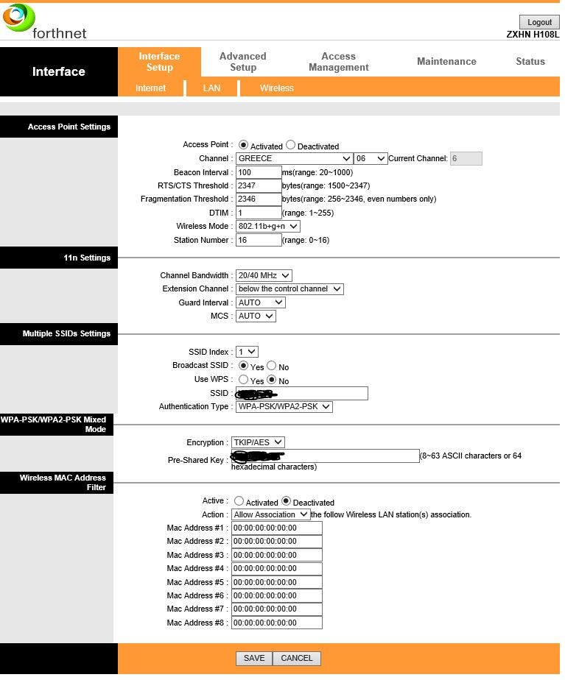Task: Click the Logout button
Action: pyautogui.click(x=539, y=22)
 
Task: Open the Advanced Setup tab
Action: pyautogui.click(x=242, y=62)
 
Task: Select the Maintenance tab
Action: pyautogui.click(x=446, y=62)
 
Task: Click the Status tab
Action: pyautogui.click(x=530, y=62)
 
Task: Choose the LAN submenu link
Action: pyautogui.click(x=211, y=88)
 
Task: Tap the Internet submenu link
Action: pyautogui.click(x=150, y=88)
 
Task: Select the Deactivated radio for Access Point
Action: pyautogui.click(x=290, y=146)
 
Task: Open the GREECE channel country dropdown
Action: pyautogui.click(x=294, y=158)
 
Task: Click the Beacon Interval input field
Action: pyautogui.click(x=259, y=172)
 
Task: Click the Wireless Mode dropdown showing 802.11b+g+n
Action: pyautogui.click(x=267, y=226)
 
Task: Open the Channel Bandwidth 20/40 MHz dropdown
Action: pyautogui.click(x=264, y=275)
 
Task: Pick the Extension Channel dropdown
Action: pyautogui.click(x=289, y=289)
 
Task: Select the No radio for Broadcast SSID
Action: pyautogui.click(x=272, y=366)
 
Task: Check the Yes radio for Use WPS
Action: pyautogui.click(x=243, y=380)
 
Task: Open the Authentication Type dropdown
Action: pyautogui.click(x=284, y=406)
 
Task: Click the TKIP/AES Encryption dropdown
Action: pyautogui.click(x=258, y=442)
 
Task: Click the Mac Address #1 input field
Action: pyautogui.click(x=276, y=528)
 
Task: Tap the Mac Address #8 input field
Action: pyautogui.click(x=276, y=623)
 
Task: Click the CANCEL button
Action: pyautogui.click(x=297, y=659)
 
